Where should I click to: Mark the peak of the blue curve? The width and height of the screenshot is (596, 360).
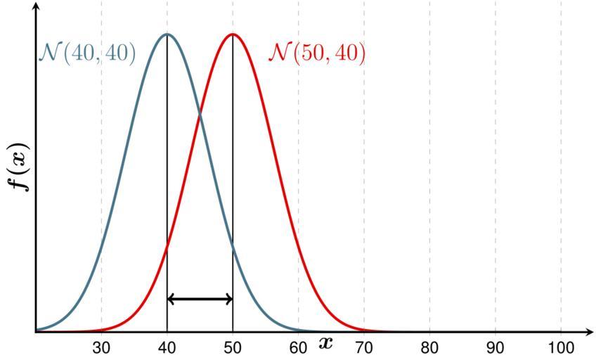167,34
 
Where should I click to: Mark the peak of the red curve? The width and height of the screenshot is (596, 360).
233,34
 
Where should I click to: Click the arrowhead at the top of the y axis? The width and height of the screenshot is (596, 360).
36,6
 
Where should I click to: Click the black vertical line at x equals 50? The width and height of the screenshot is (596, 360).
233,211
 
